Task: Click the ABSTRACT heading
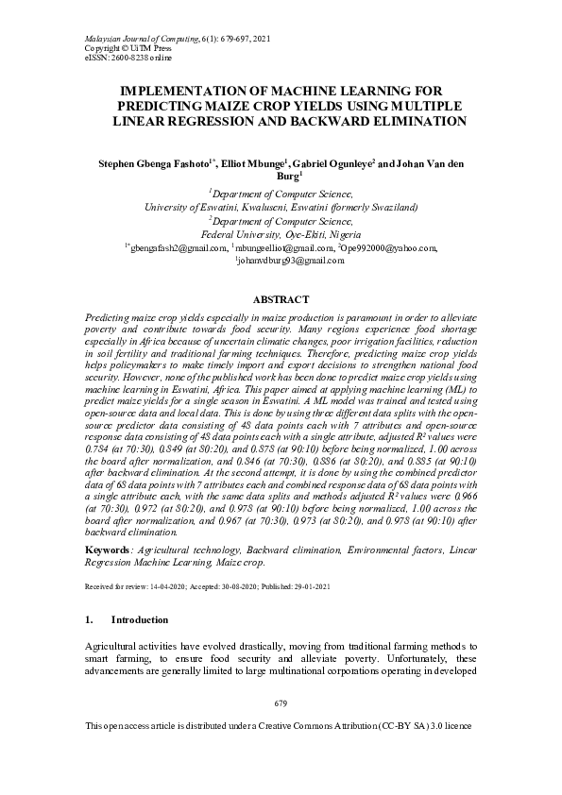pyautogui.click(x=281, y=299)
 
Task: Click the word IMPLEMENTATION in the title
pyautogui.click(x=176, y=91)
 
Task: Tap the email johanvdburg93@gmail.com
pyautogui.click(x=281, y=261)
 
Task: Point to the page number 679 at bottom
pyautogui.click(x=280, y=704)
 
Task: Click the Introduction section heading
pyautogui.click(x=140, y=619)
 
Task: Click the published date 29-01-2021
pyautogui.click(x=313, y=586)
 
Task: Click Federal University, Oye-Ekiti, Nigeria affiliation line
pyautogui.click(x=281, y=234)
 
